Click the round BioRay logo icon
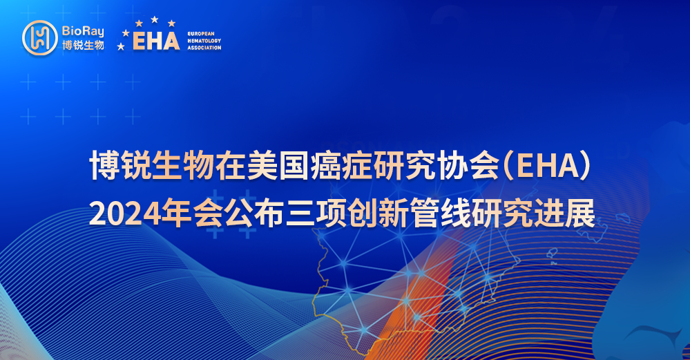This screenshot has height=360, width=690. [40, 38]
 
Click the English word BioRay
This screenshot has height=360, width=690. [83, 31]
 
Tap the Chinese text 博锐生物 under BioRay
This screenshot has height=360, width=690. [83, 45]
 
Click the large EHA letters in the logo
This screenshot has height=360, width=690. [156, 41]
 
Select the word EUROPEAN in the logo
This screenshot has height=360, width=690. [201, 33]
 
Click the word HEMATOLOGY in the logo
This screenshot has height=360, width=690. [204, 41]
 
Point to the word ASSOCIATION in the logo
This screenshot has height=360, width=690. [204, 48]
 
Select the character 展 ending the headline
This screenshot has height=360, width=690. [580, 214]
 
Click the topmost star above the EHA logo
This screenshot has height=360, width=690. [155, 19]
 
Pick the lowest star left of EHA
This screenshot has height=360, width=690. [121, 46]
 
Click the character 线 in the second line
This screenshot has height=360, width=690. [456, 214]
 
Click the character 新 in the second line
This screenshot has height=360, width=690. [392, 214]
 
